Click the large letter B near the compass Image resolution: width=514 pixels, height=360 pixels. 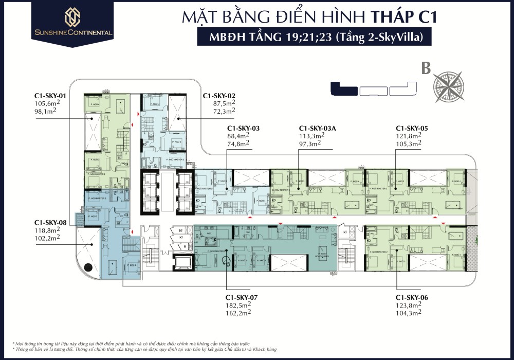(x=426, y=69)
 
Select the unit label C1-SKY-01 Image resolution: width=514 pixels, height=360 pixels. (x=50, y=96)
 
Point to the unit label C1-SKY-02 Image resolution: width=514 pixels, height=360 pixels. (x=219, y=96)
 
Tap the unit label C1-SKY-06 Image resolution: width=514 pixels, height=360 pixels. (x=412, y=298)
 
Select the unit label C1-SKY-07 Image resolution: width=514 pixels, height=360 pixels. (x=242, y=298)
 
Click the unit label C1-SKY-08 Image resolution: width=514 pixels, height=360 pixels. (x=50, y=223)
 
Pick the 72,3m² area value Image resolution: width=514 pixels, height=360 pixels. (x=224, y=111)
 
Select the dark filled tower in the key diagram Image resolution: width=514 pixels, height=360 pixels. (x=344, y=88)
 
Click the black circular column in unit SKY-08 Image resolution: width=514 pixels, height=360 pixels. (x=88, y=267)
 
